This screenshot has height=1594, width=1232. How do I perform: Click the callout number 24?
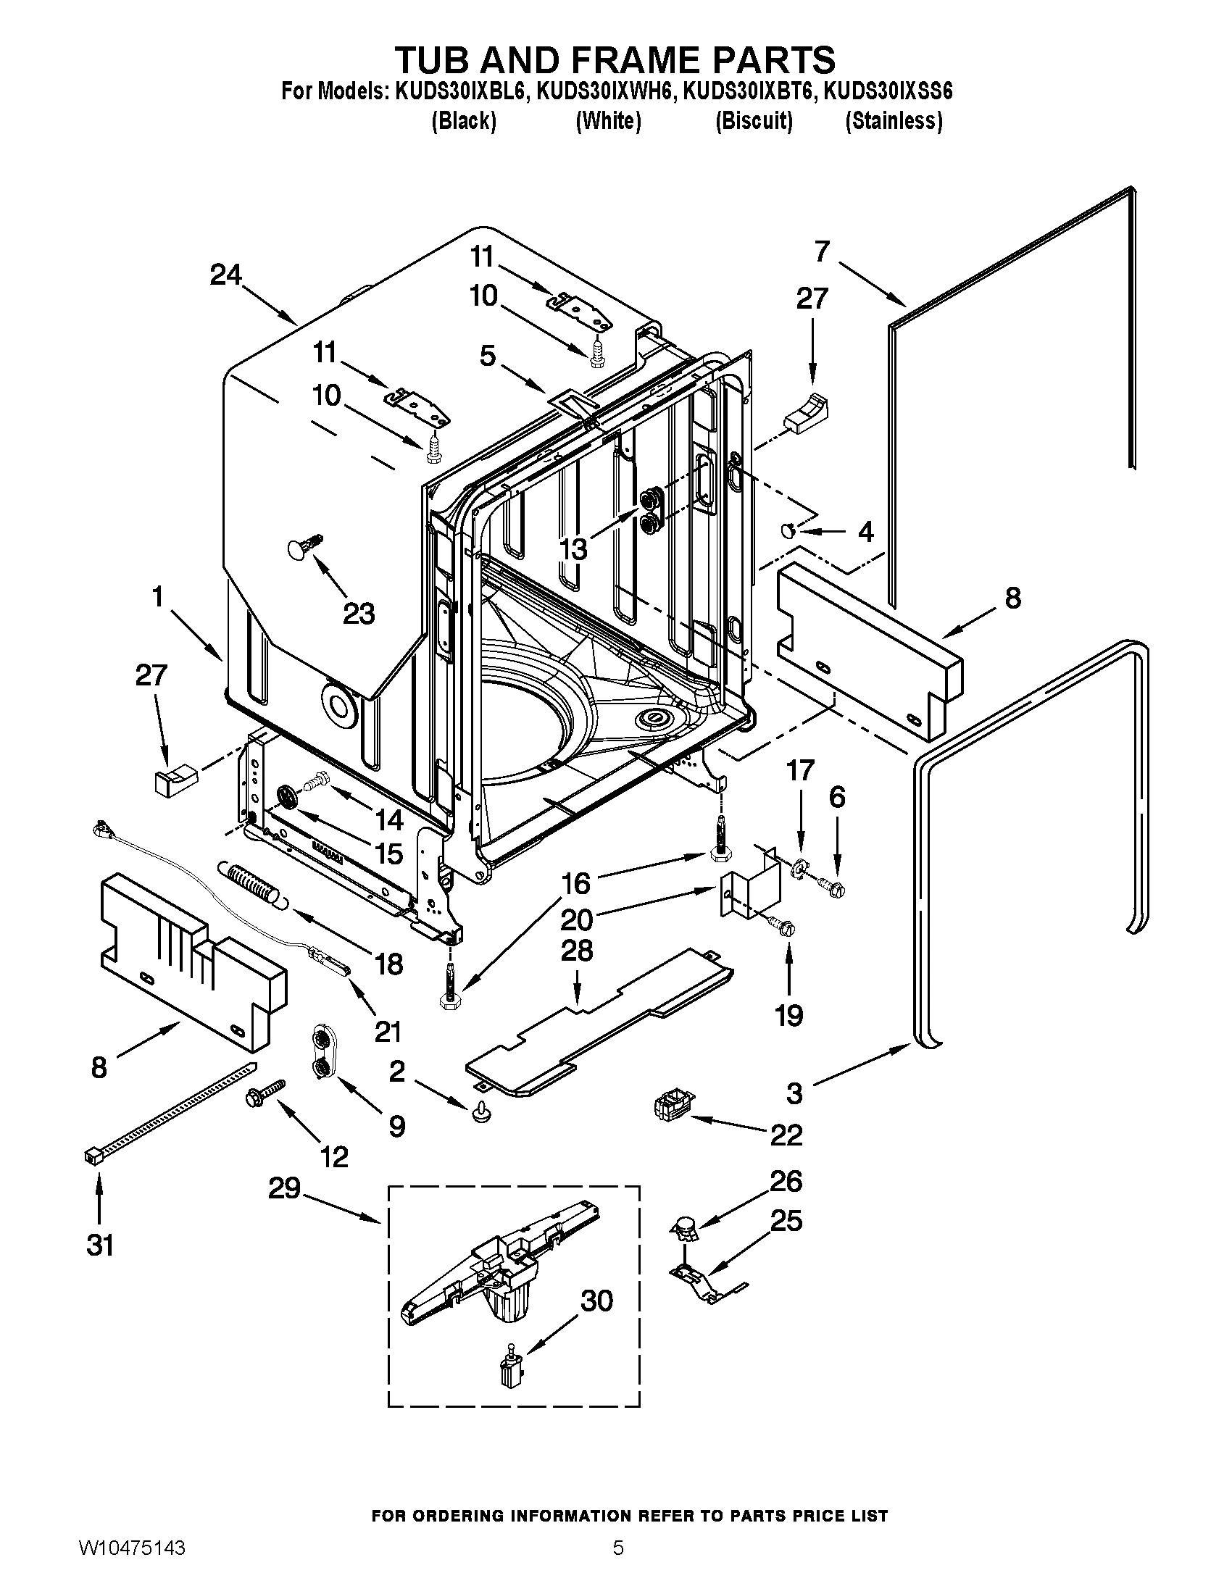click(x=225, y=276)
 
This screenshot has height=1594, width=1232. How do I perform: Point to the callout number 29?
click(x=284, y=1188)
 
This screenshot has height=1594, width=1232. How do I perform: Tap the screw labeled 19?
click(x=783, y=926)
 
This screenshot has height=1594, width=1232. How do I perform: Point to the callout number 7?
click(x=822, y=251)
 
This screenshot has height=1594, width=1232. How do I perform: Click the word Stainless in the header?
click(x=894, y=120)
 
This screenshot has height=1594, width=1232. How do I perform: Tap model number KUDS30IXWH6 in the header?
click(x=600, y=92)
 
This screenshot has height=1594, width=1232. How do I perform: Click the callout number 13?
click(x=574, y=549)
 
